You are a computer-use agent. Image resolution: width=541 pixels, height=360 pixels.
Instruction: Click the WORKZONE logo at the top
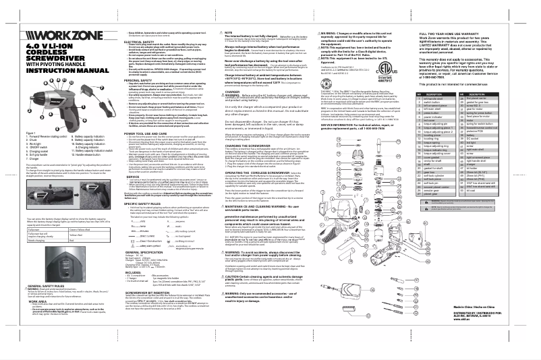point(44,33)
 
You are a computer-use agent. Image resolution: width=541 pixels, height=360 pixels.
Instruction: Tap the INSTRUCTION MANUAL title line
point(47,69)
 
